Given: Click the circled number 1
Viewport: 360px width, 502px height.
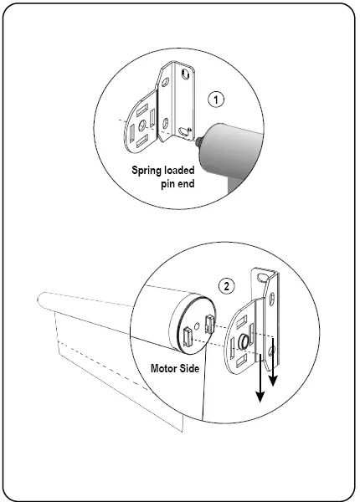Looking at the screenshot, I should [218, 100].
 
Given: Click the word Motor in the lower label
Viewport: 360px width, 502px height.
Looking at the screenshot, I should [165, 367].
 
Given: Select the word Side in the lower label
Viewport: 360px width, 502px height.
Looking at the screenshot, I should [192, 367].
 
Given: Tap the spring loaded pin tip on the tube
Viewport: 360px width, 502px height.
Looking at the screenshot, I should [198, 142].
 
